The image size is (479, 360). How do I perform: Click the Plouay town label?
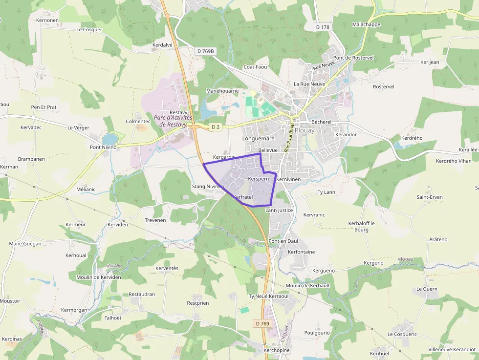coord(305,130)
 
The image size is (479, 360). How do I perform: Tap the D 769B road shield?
coord(206,51)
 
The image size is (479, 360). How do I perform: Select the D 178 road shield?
coord(322,27)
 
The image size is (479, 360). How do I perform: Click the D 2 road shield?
coord(215,127)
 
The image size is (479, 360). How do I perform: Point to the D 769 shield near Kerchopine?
coord(262,323)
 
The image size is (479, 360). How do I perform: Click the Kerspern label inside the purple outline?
coord(259,179)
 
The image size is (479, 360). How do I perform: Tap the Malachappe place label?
coord(366,24)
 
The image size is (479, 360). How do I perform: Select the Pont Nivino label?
coord(103,147)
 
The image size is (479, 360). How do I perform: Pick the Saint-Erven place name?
coord(429,197)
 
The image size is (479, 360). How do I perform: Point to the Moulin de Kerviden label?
coord(98,277)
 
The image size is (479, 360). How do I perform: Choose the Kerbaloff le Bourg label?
coord(361,226)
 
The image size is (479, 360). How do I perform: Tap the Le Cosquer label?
coord(89,30)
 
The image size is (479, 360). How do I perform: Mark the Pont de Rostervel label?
coord(353,58)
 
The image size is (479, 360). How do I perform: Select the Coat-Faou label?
coord(255,67)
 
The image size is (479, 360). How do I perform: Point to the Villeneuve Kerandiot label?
coord(452,350)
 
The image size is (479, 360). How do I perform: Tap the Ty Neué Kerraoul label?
coord(268,296)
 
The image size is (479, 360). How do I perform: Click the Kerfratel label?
coord(242,197)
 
